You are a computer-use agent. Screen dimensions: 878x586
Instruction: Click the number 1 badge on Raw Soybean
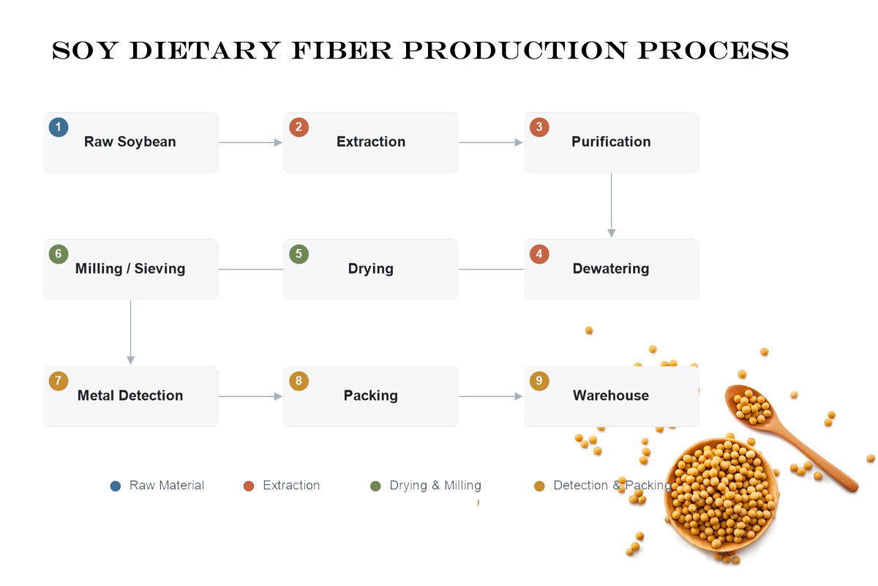tap(59, 127)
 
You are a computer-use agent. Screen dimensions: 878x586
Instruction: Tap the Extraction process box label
tap(371, 141)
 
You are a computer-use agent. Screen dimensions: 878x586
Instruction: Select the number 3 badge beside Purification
tap(539, 127)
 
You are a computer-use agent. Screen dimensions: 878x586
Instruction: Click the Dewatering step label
tap(611, 269)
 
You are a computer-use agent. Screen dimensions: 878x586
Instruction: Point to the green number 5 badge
tap(299, 254)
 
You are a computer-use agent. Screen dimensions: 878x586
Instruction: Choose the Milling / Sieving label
tap(130, 269)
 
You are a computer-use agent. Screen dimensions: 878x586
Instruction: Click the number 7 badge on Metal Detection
tap(59, 381)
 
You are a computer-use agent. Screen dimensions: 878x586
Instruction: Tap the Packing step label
tap(371, 396)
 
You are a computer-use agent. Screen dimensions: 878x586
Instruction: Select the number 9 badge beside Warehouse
tap(539, 381)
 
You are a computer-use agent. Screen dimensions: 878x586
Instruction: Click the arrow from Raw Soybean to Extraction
tap(250, 143)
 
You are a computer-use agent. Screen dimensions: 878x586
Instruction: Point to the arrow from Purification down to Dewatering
tap(612, 206)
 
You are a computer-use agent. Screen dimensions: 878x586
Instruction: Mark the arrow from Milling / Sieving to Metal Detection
tap(130, 333)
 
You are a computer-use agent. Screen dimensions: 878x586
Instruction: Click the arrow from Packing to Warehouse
tap(491, 396)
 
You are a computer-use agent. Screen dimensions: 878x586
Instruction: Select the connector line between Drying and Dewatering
tap(491, 270)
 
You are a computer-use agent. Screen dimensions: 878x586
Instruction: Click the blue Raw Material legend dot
tap(116, 486)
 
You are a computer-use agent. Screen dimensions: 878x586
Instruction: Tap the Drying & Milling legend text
tap(435, 486)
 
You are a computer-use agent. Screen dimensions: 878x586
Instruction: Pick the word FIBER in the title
tap(342, 51)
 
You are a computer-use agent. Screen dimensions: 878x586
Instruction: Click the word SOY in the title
tap(85, 51)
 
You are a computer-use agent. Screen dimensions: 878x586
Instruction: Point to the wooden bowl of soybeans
tap(721, 495)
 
